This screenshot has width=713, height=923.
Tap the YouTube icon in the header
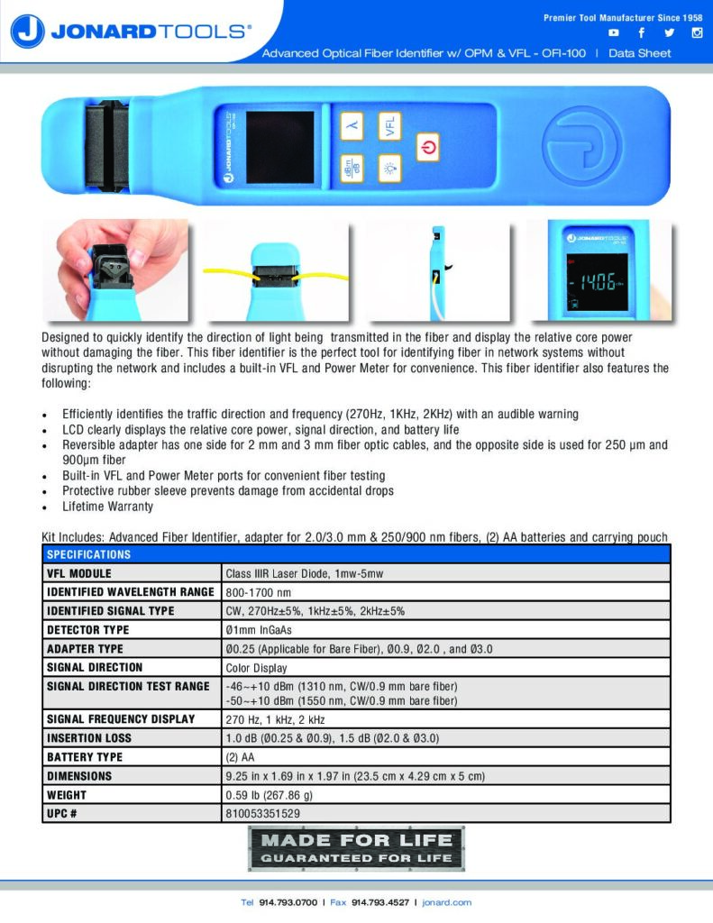pyautogui.click(x=614, y=33)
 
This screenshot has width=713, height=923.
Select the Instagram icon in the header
pyautogui.click(x=697, y=33)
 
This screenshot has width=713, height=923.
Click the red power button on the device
pyautogui.click(x=428, y=147)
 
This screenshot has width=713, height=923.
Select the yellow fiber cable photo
pyautogui.click(x=275, y=270)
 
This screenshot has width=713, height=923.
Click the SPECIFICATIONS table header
pyautogui.click(x=88, y=554)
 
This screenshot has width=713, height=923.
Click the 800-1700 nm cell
pyautogui.click(x=258, y=592)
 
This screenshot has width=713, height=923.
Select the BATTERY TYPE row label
pyautogui.click(x=85, y=757)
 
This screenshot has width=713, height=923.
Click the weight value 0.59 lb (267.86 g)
pyautogui.click(x=269, y=795)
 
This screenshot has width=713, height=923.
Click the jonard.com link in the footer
pyautogui.click(x=446, y=902)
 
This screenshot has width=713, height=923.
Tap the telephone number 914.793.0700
pyautogui.click(x=287, y=902)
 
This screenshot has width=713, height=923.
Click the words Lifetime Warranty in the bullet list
pyautogui.click(x=107, y=507)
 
